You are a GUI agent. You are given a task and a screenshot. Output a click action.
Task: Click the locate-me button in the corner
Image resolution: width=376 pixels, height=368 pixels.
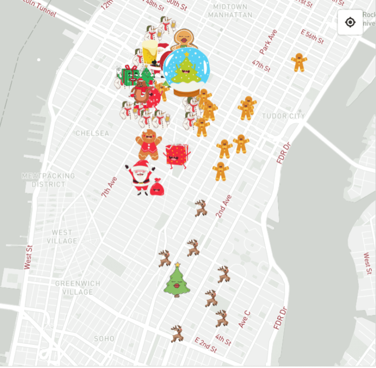(350, 23)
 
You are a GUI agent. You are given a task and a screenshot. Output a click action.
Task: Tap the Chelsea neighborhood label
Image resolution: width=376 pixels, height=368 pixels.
(92, 133)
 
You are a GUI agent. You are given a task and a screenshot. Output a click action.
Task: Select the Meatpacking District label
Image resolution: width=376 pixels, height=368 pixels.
(48, 180)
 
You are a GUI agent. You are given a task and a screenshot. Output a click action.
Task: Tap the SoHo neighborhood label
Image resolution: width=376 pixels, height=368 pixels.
(104, 338)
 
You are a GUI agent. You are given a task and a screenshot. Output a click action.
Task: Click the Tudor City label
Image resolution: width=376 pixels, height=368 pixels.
(283, 116)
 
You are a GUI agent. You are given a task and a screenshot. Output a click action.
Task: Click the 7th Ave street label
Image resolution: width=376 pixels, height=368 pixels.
(109, 186)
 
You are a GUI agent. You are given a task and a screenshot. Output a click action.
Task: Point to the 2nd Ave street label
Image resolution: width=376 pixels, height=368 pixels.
(223, 206)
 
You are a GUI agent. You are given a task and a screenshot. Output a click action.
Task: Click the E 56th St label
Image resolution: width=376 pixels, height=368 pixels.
(312, 37)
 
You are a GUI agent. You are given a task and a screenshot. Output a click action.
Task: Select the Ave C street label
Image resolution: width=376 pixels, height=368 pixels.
(244, 319)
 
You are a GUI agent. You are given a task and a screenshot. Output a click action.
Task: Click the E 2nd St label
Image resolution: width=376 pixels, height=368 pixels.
(206, 345)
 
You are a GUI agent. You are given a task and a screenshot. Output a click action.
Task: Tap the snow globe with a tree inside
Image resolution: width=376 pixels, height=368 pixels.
(186, 71)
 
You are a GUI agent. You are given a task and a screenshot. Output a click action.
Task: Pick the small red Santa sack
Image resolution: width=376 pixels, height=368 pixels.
(157, 187)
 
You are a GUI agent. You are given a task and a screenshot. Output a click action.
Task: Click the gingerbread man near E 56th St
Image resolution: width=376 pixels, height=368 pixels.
(299, 62)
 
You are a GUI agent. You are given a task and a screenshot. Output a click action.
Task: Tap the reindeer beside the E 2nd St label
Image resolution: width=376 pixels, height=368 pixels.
(177, 334)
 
